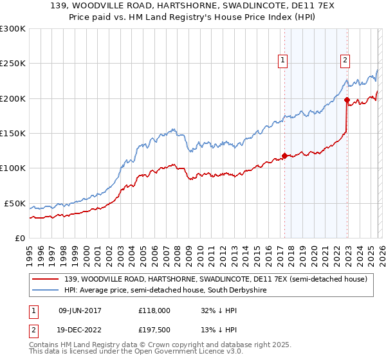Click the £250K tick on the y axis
12,64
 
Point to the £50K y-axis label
15,203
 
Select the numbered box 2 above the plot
345,60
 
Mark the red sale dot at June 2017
284,156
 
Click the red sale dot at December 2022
347,100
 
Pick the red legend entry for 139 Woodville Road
216,279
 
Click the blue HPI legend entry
174,291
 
